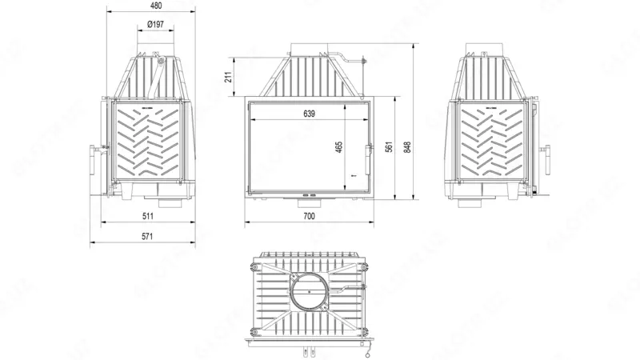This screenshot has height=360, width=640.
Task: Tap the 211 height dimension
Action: (x=228, y=77)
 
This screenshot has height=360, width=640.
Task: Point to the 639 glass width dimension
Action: (x=309, y=114)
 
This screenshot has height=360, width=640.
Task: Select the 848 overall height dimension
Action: (x=408, y=147)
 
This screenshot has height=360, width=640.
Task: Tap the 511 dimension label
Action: (x=147, y=217)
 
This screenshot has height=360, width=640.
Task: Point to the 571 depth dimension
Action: (x=147, y=236)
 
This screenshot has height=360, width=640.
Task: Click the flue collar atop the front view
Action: (x=308, y=50)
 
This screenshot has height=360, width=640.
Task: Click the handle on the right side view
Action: (x=549, y=150)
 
